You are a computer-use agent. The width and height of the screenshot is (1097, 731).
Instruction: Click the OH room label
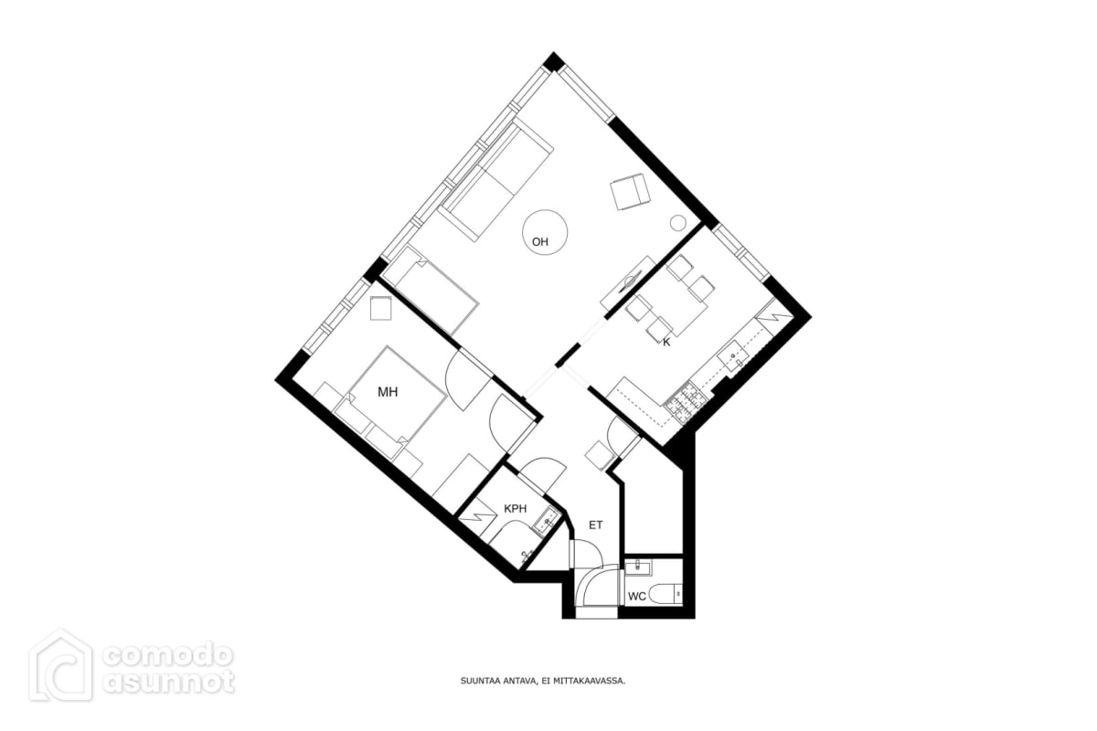[x=539, y=242]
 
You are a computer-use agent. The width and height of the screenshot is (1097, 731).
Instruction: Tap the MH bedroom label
[x=388, y=392]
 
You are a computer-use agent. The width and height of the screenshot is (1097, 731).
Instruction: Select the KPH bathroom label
[x=516, y=509]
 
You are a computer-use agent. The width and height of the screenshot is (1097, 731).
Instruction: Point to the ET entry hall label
[x=595, y=525]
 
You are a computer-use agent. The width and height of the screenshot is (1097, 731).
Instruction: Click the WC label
[x=636, y=597]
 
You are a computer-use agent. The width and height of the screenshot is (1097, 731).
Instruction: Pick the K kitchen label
[x=666, y=343]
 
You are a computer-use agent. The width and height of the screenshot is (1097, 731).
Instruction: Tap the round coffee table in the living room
[x=545, y=232]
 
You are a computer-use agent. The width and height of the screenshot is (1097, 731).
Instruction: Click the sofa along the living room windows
[x=495, y=179]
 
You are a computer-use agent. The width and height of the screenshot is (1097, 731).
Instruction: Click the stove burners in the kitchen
[x=686, y=402]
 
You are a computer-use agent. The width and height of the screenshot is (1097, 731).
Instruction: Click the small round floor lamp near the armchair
[x=677, y=223]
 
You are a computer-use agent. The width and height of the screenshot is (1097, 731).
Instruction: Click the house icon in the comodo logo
[x=60, y=665]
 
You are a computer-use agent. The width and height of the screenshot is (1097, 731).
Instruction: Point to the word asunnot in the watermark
[x=168, y=682]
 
